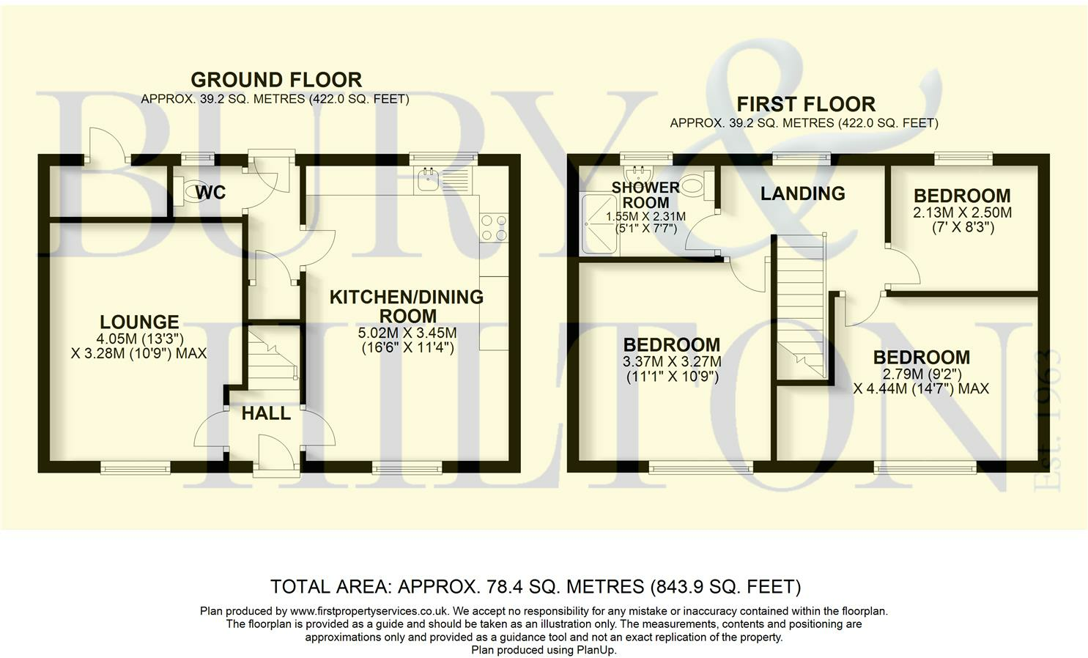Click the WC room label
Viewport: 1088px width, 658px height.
click(210, 192)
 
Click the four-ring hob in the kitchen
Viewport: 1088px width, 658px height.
click(494, 228)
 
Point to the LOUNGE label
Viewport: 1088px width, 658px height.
click(139, 322)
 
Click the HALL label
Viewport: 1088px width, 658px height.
click(266, 413)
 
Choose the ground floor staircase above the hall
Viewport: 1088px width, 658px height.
click(273, 359)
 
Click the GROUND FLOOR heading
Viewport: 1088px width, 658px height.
click(276, 80)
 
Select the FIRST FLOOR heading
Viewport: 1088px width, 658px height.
click(806, 104)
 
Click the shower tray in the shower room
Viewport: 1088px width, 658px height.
click(600, 224)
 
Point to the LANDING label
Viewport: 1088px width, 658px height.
click(803, 193)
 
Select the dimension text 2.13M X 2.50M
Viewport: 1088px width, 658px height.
click(962, 212)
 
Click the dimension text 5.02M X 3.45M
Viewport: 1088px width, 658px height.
click(407, 333)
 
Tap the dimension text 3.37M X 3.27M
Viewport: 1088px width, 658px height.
click(672, 361)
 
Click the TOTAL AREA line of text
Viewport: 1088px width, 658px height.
click(536, 587)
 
